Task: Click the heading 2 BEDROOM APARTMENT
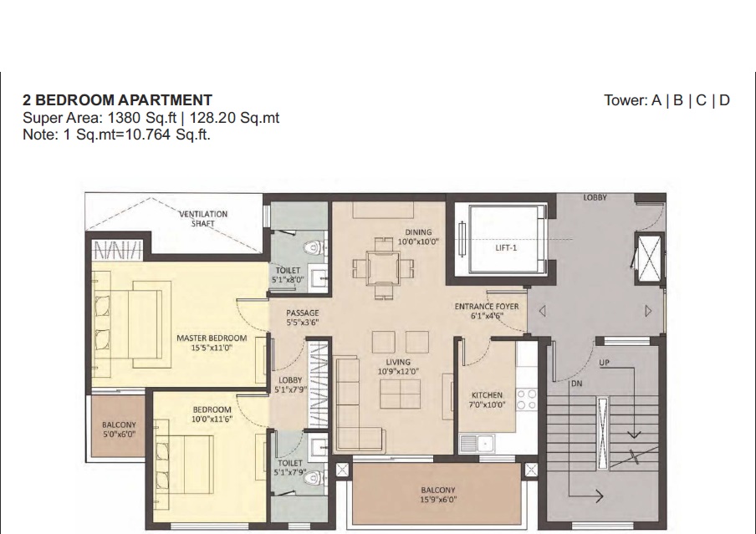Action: coord(117,99)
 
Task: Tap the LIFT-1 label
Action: coord(506,247)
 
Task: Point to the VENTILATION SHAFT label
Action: coord(203,219)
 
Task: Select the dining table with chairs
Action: coord(383,268)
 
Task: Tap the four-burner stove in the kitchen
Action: coord(527,399)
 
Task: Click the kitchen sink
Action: coord(477,444)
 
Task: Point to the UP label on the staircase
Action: coord(604,363)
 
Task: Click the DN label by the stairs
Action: coord(577,384)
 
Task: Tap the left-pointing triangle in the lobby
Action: coord(543,312)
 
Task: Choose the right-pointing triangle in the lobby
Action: coord(648,312)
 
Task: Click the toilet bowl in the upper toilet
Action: coord(313,248)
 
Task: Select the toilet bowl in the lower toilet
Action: coord(313,477)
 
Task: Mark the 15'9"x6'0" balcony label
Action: coord(438,500)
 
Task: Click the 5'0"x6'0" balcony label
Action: coord(119,435)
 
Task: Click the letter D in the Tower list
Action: coord(724,100)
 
